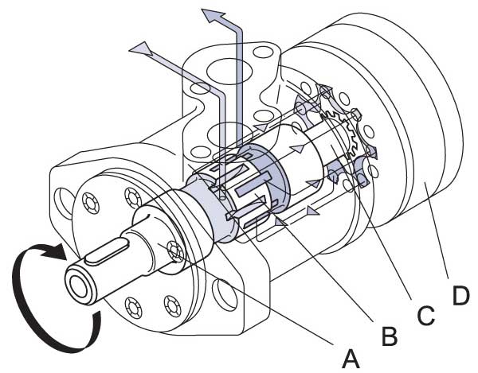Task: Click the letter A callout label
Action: coord(351,359)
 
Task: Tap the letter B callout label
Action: coord(390,336)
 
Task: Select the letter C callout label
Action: coord(426,315)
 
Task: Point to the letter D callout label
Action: coord(460,296)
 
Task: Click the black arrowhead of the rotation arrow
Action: coord(54,251)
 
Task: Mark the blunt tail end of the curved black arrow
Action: coord(97,317)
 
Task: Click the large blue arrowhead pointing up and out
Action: coord(213,17)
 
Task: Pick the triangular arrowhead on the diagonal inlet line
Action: coord(142,49)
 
